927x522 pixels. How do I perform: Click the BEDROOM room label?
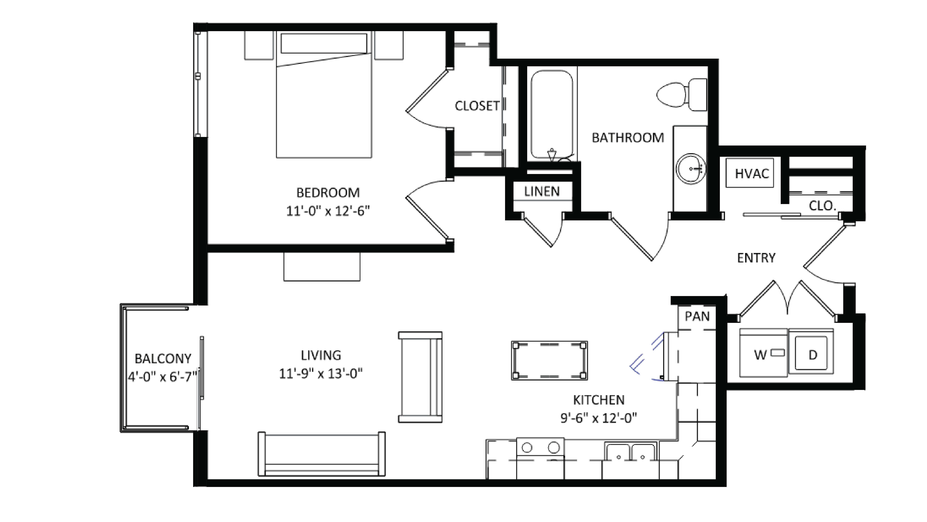328,193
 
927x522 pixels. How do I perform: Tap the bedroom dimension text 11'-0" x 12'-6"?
328,211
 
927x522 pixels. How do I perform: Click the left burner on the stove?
527,447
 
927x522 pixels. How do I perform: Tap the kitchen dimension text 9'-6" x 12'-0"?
598,418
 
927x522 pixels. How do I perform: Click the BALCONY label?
163,359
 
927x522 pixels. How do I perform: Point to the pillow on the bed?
323,43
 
